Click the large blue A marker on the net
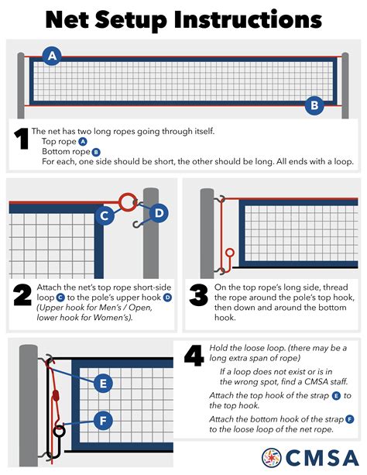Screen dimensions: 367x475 [52, 56]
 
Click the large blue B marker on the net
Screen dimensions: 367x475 [314, 105]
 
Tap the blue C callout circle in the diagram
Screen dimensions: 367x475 [105, 215]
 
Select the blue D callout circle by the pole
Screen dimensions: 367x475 [159, 213]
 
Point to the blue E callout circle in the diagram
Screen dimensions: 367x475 [103, 384]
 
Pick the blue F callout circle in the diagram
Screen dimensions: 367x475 [103, 421]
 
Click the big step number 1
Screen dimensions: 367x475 [22, 139]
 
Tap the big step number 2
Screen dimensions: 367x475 [22, 294]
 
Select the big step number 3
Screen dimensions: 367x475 [199, 294]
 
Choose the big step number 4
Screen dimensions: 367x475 [194, 356]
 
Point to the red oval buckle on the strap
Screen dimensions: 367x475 [56, 395]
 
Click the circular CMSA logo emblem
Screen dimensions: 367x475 [271, 457]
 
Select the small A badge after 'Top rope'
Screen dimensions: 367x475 [83, 142]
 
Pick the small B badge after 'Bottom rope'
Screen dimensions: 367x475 [96, 152]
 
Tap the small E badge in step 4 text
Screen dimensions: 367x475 [336, 396]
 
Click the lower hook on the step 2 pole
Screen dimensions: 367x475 [138, 225]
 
